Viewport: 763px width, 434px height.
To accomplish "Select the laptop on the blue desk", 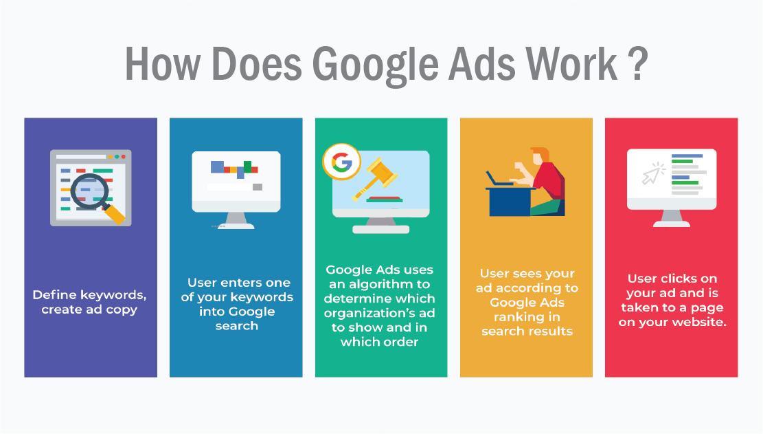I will coord(499,180).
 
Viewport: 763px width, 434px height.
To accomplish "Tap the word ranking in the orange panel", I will coord(527,317).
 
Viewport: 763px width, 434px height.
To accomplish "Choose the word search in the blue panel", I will coord(236,326).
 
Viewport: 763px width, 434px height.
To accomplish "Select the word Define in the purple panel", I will coord(54,295).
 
